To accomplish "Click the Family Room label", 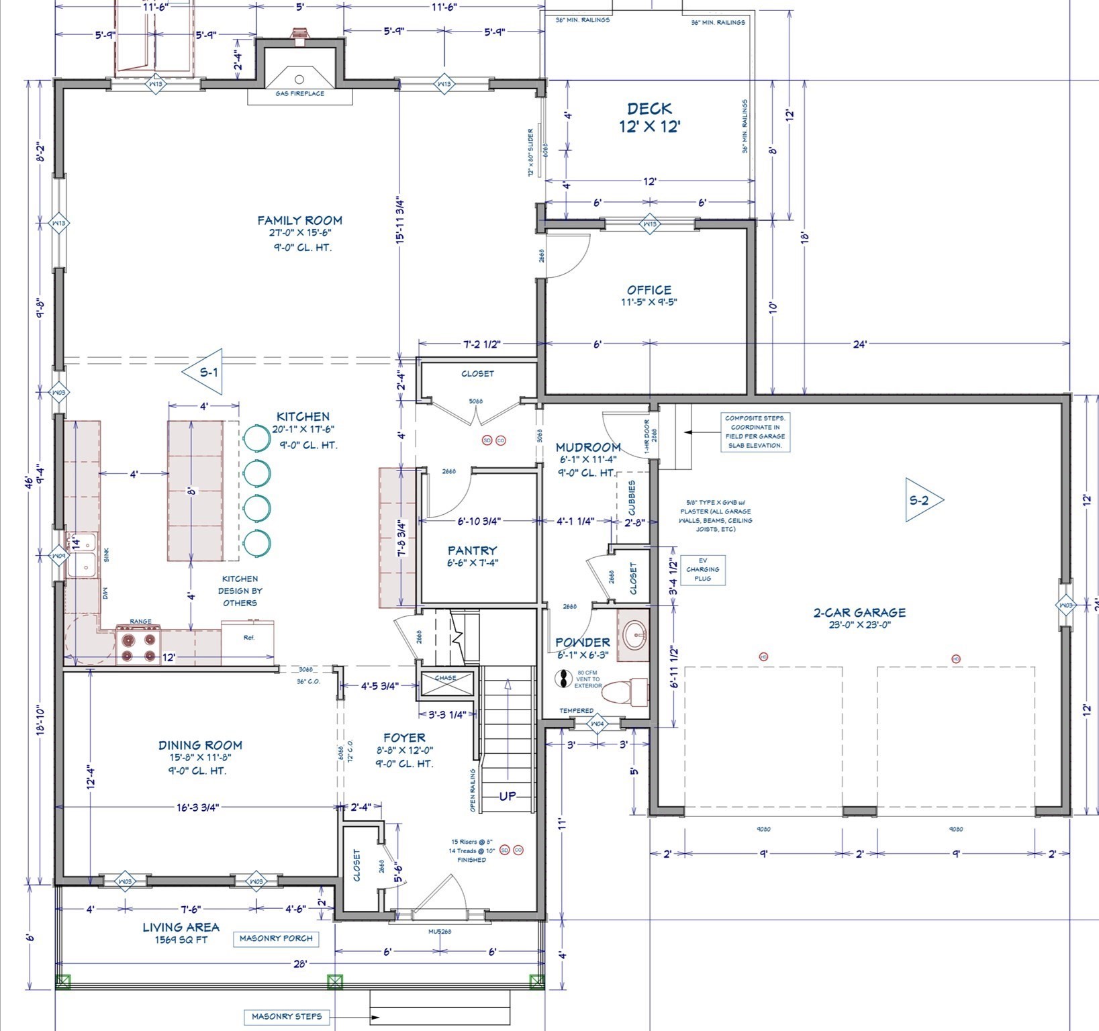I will click(x=299, y=221).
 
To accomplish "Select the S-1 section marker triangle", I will click(x=204, y=371).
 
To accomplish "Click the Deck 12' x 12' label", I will click(x=649, y=117).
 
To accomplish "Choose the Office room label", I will click(x=649, y=290).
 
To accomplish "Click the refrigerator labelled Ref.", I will click(x=248, y=641).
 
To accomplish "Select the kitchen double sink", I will click(x=82, y=554).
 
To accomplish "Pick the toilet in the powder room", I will click(x=624, y=691).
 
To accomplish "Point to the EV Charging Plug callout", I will click(x=702, y=570).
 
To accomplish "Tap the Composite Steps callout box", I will click(x=755, y=432).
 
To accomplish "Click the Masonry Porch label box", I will click(x=276, y=938).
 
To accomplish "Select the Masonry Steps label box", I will click(x=287, y=1016).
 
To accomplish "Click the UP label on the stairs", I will click(x=508, y=796).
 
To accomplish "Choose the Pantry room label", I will click(x=473, y=550).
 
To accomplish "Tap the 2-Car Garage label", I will click(x=859, y=612).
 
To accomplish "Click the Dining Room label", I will click(x=200, y=745).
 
